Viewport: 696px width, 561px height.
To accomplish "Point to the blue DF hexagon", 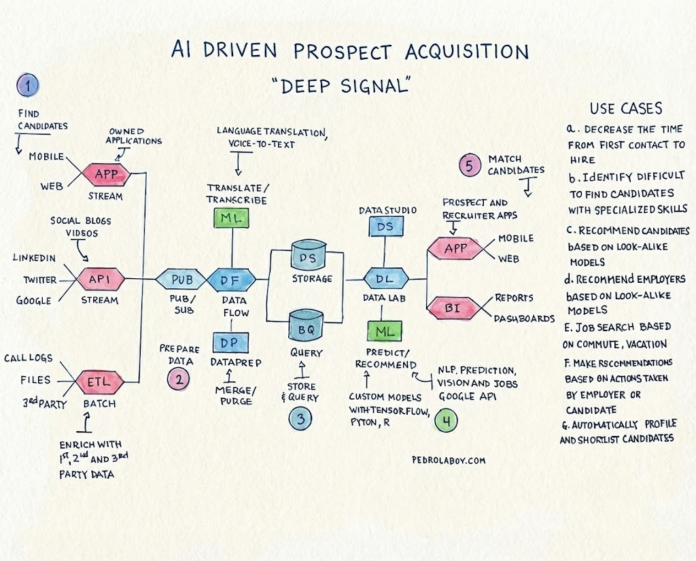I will pos(231,279).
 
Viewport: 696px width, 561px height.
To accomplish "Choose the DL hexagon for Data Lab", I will pos(385,279).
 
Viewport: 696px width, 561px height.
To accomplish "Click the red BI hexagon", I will pos(452,308).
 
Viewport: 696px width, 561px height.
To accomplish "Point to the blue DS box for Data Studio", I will pos(385,226).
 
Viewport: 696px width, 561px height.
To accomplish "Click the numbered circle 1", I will pos(28,85).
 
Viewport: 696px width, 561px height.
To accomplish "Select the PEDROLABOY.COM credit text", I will pos(449,460).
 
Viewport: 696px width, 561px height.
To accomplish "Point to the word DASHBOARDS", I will pos(524,318).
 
